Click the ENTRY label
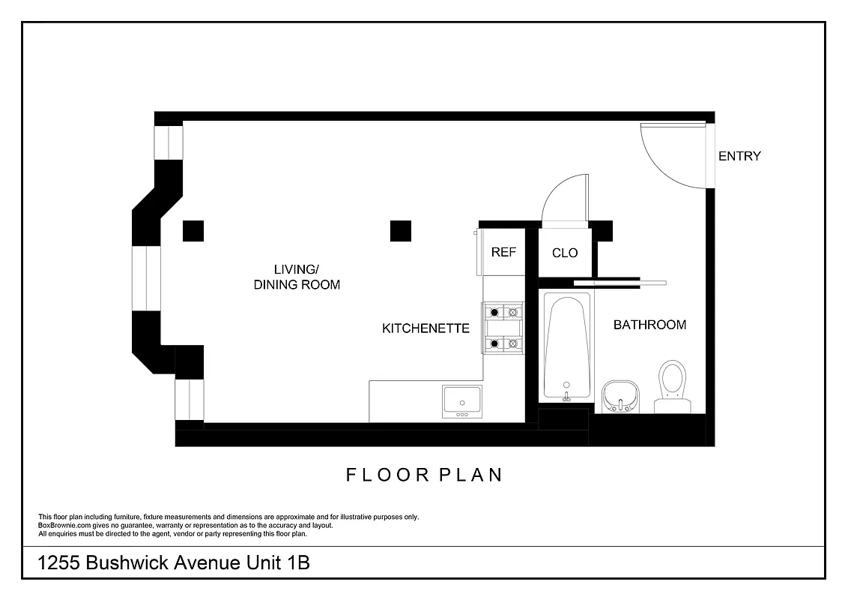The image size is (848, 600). tap(739, 156)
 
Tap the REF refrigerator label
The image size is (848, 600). tap(503, 253)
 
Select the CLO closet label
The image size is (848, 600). tap(565, 253)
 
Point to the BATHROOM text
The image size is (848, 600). tap(649, 325)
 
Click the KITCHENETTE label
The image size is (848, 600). tap(425, 328)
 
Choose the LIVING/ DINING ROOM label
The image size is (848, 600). tap(297, 277)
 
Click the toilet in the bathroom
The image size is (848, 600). tap(671, 385)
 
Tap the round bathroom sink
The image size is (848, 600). tap(620, 395)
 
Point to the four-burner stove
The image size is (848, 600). tap(503, 328)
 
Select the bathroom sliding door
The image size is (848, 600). tap(620, 283)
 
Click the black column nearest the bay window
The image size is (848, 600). tap(193, 231)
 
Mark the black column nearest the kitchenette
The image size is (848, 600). tap(401, 231)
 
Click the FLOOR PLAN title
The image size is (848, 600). tap(424, 475)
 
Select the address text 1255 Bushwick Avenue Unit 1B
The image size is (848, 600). tap(174, 563)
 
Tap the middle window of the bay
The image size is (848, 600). tap(147, 277)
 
